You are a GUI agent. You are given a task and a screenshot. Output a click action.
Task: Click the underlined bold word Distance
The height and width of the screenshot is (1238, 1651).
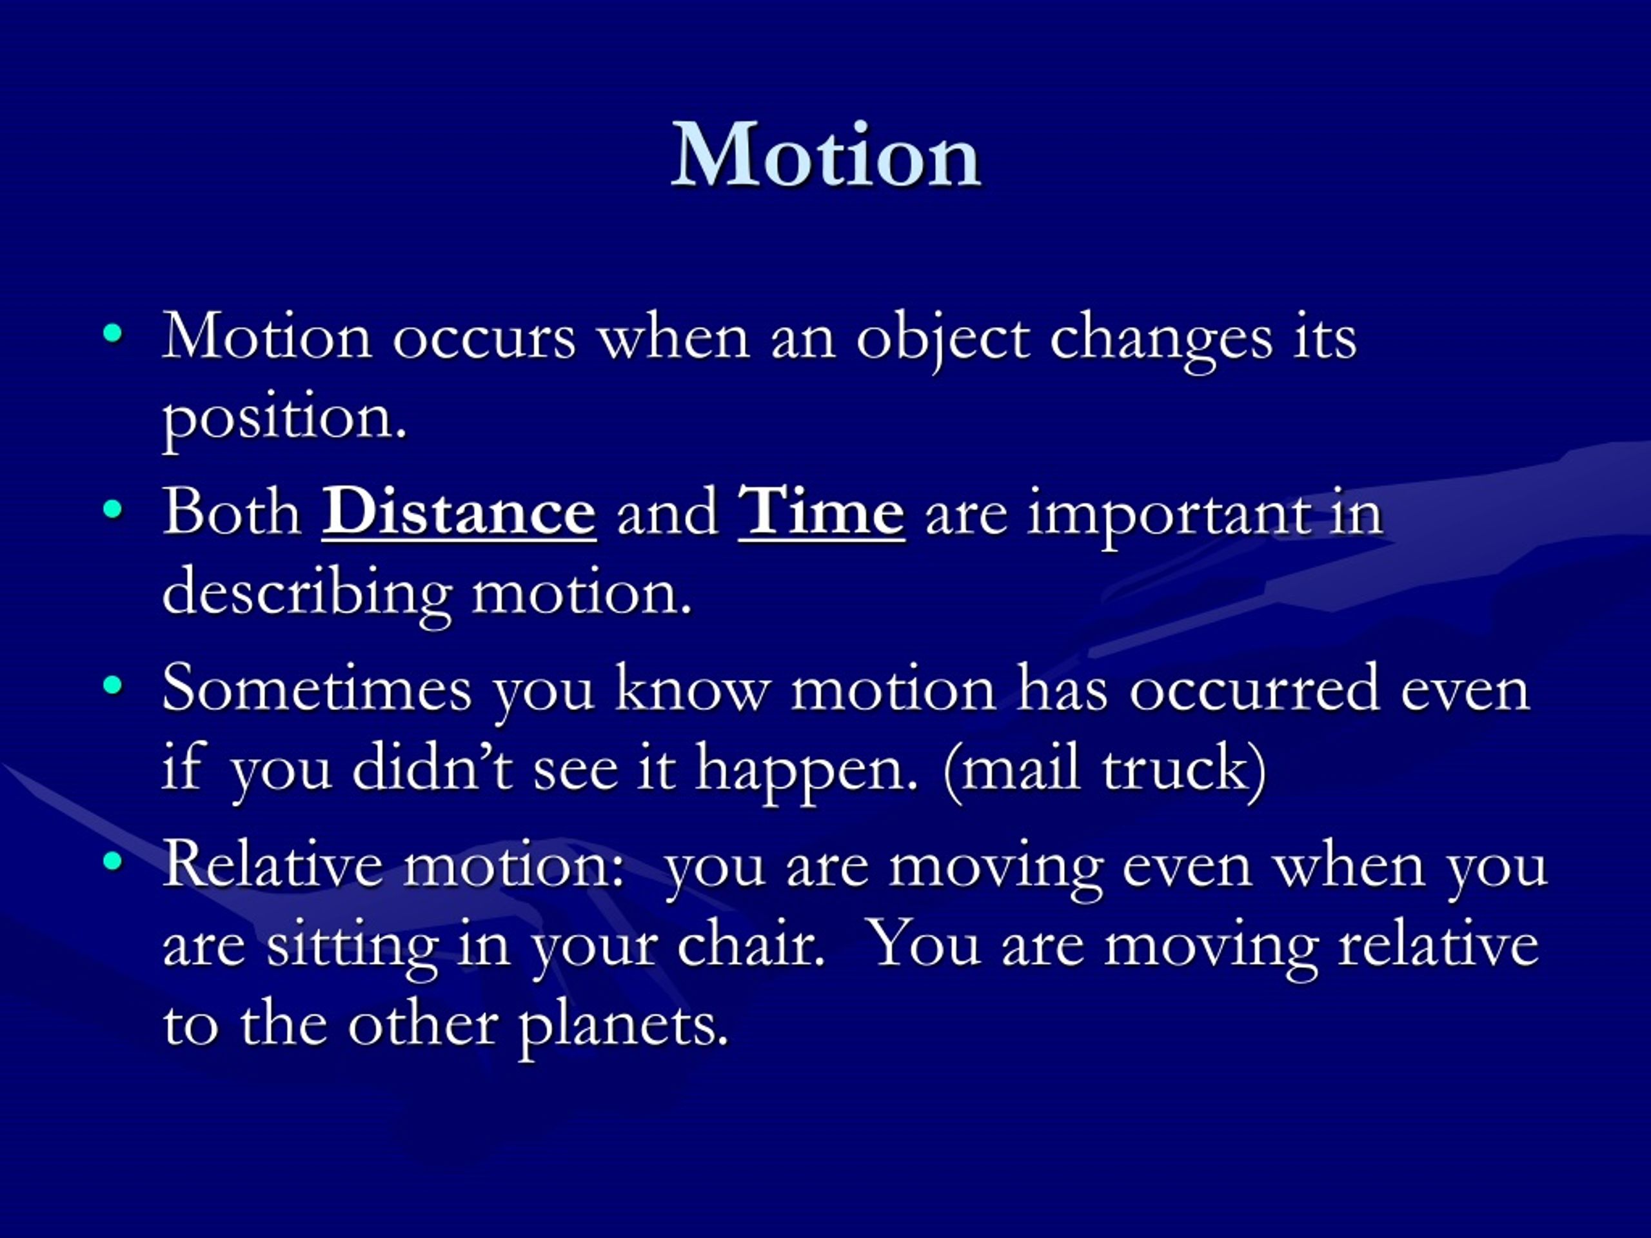(x=459, y=513)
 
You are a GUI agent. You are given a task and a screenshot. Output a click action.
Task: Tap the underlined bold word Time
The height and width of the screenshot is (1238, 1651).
(x=821, y=513)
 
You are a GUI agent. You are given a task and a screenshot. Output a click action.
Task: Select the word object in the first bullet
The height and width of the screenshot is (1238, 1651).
(x=942, y=340)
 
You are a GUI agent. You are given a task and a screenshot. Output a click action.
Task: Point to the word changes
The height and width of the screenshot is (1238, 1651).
(x=1161, y=340)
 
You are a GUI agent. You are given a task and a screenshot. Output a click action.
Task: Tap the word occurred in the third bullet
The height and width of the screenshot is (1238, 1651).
(x=1253, y=691)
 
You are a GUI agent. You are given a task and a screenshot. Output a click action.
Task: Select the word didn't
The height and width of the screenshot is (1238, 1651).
(x=432, y=768)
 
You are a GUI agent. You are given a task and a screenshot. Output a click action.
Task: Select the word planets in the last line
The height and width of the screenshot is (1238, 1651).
(x=622, y=1026)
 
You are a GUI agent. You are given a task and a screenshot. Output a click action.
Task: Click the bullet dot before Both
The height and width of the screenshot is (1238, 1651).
(x=113, y=509)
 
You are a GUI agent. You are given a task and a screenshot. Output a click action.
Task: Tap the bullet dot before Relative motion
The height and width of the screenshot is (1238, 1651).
(x=113, y=861)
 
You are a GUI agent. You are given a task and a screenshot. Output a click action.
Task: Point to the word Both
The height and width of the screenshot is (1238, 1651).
(x=232, y=513)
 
